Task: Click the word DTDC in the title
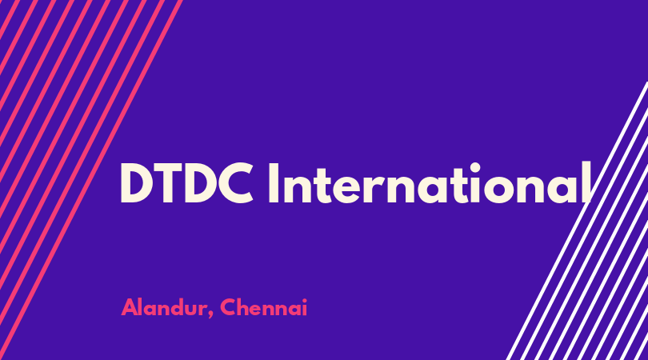(x=186, y=182)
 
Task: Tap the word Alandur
(x=165, y=307)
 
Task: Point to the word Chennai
(x=264, y=307)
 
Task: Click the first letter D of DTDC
(x=136, y=182)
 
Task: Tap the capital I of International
(x=273, y=182)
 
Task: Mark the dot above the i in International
(x=475, y=168)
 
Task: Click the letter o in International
(x=499, y=190)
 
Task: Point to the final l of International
(x=587, y=182)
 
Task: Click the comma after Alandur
(x=210, y=314)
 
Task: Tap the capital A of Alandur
(x=130, y=307)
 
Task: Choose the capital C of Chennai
(x=229, y=307)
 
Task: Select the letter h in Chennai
(x=245, y=306)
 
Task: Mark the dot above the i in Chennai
(x=305, y=300)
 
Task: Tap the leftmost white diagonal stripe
(x=577, y=221)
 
